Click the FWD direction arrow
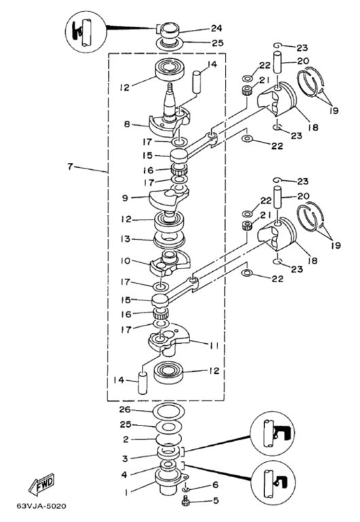tap(41, 483)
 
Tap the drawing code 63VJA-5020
tap(41, 506)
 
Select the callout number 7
tap(70, 166)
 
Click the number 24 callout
tap(216, 29)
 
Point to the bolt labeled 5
tap(186, 501)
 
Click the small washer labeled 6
tap(186, 489)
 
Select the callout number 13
tap(126, 239)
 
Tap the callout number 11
tap(215, 346)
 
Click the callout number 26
tap(125, 410)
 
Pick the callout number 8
tap(127, 124)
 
